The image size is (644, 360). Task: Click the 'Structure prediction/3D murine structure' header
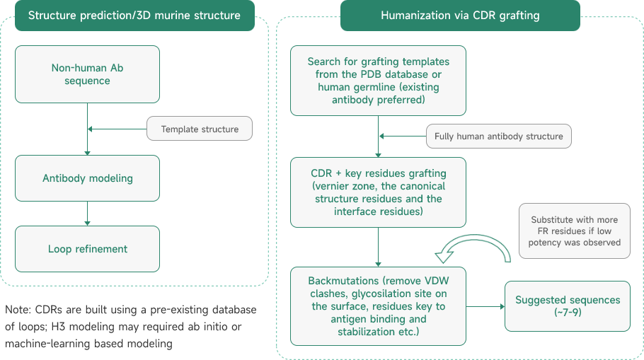click(134, 15)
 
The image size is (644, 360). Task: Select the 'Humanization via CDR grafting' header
click(459, 15)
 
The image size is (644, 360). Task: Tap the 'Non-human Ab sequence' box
click(88, 74)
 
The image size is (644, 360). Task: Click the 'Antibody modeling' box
click(88, 178)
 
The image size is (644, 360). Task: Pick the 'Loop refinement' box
click(88, 249)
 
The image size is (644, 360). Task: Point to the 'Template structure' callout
click(200, 129)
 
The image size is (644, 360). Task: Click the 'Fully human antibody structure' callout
click(498, 136)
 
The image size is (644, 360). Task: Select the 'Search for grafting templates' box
click(378, 81)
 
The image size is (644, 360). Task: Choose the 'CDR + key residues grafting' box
click(378, 192)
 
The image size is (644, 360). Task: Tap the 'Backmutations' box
click(378, 306)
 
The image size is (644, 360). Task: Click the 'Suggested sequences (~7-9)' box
click(567, 306)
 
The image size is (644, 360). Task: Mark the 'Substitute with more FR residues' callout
click(574, 231)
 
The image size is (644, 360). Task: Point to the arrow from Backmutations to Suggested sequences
click(485, 306)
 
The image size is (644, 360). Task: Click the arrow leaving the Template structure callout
click(117, 129)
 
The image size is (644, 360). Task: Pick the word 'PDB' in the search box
click(376, 74)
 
